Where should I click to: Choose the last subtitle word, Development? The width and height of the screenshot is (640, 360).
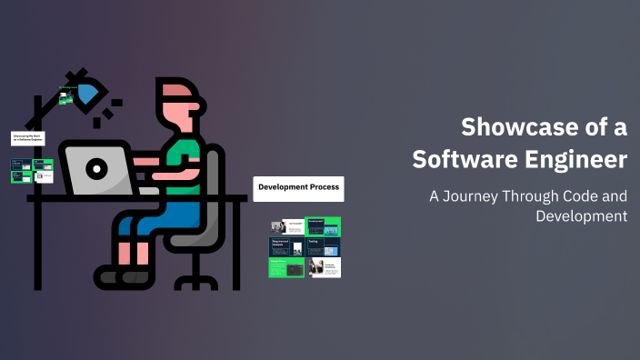[x=582, y=216]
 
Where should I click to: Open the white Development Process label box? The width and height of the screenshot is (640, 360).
[x=298, y=188]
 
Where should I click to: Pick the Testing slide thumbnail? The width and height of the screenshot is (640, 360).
[x=323, y=246]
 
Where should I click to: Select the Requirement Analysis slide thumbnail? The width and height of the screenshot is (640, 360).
[x=287, y=246]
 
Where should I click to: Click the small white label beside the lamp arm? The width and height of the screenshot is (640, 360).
[x=27, y=138]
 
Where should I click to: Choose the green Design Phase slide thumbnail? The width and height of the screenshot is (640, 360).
[x=286, y=266]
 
